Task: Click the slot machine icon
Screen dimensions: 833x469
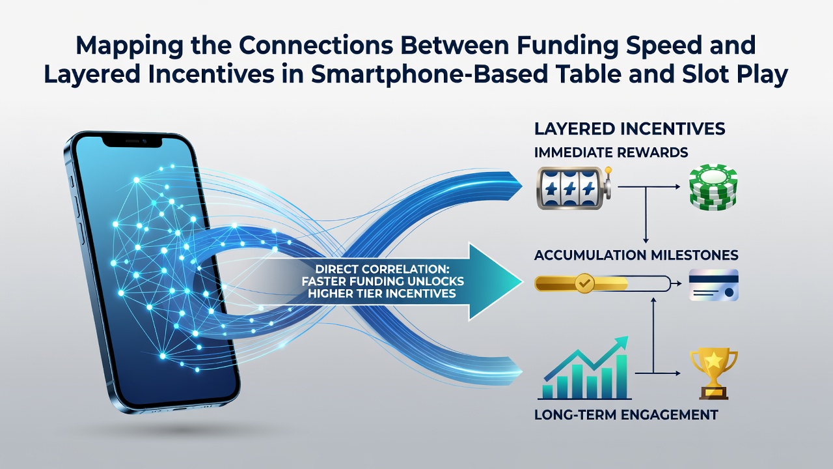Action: pos(575,188)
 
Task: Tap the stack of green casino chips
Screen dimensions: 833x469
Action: pos(713,187)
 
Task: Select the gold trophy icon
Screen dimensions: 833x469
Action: pos(713,374)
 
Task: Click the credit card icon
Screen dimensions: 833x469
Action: pos(714,285)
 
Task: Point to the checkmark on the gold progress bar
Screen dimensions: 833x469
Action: pos(584,283)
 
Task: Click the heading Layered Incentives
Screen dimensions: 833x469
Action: pos(629,129)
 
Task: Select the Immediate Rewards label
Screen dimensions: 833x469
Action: pos(611,152)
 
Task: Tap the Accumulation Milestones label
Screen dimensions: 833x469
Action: pos(636,255)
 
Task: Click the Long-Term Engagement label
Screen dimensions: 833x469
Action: pos(626,415)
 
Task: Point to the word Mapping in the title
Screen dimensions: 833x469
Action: pos(129,46)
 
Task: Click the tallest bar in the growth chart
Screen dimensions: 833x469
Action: pos(621,377)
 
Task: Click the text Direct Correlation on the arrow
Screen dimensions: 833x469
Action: pos(382,269)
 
